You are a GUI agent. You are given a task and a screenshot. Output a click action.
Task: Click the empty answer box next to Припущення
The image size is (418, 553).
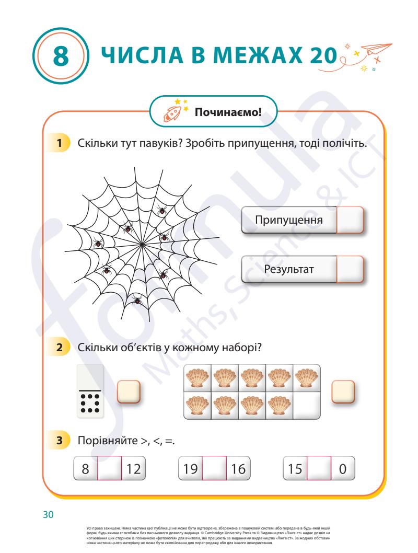349,220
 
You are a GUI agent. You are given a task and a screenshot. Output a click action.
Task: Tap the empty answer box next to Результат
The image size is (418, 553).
349,269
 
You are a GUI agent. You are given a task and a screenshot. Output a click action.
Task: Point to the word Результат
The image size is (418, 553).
289,269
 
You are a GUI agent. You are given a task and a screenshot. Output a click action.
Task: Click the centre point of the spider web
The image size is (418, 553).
142,244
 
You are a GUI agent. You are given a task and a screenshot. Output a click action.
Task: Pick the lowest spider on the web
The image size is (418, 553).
137,301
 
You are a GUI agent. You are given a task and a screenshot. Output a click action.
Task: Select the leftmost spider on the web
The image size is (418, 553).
98,243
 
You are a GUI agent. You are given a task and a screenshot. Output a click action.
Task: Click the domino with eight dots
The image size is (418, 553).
90,391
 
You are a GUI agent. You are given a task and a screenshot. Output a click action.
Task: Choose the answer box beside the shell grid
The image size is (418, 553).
343,391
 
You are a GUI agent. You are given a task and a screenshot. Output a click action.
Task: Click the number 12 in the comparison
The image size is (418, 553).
133,467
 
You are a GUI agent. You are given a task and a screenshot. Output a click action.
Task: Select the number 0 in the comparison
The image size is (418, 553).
343,467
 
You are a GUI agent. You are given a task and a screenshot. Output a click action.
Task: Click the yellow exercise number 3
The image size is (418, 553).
62,441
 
